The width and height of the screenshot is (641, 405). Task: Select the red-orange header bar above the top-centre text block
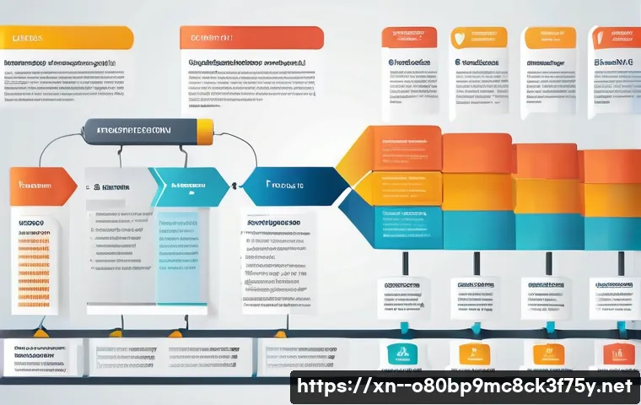click(251, 37)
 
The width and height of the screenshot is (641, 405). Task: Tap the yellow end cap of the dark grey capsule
click(205, 131)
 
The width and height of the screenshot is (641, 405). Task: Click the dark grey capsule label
click(139, 131)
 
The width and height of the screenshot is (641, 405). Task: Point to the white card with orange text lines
click(34, 262)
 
